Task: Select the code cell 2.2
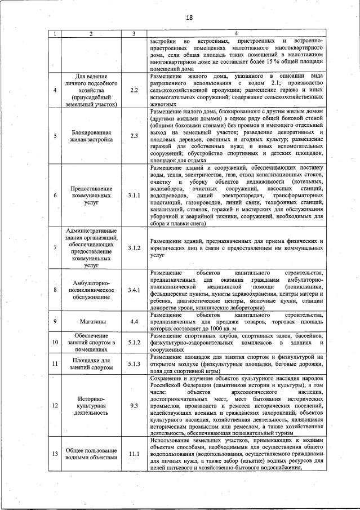[134, 90]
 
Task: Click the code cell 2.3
[134, 136]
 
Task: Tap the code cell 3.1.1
[134, 195]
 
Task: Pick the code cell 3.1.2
[134, 247]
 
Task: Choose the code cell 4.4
[134, 322]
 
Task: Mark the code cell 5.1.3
[134, 364]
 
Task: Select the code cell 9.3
[134, 405]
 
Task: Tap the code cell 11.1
[134, 453]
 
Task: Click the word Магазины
[91, 322]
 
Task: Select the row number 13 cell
[55, 454]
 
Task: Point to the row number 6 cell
[55, 195]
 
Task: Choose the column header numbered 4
[236, 34]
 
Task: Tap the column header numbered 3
[134, 34]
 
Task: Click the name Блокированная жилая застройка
[91, 136]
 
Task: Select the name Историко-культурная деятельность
[91, 405]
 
